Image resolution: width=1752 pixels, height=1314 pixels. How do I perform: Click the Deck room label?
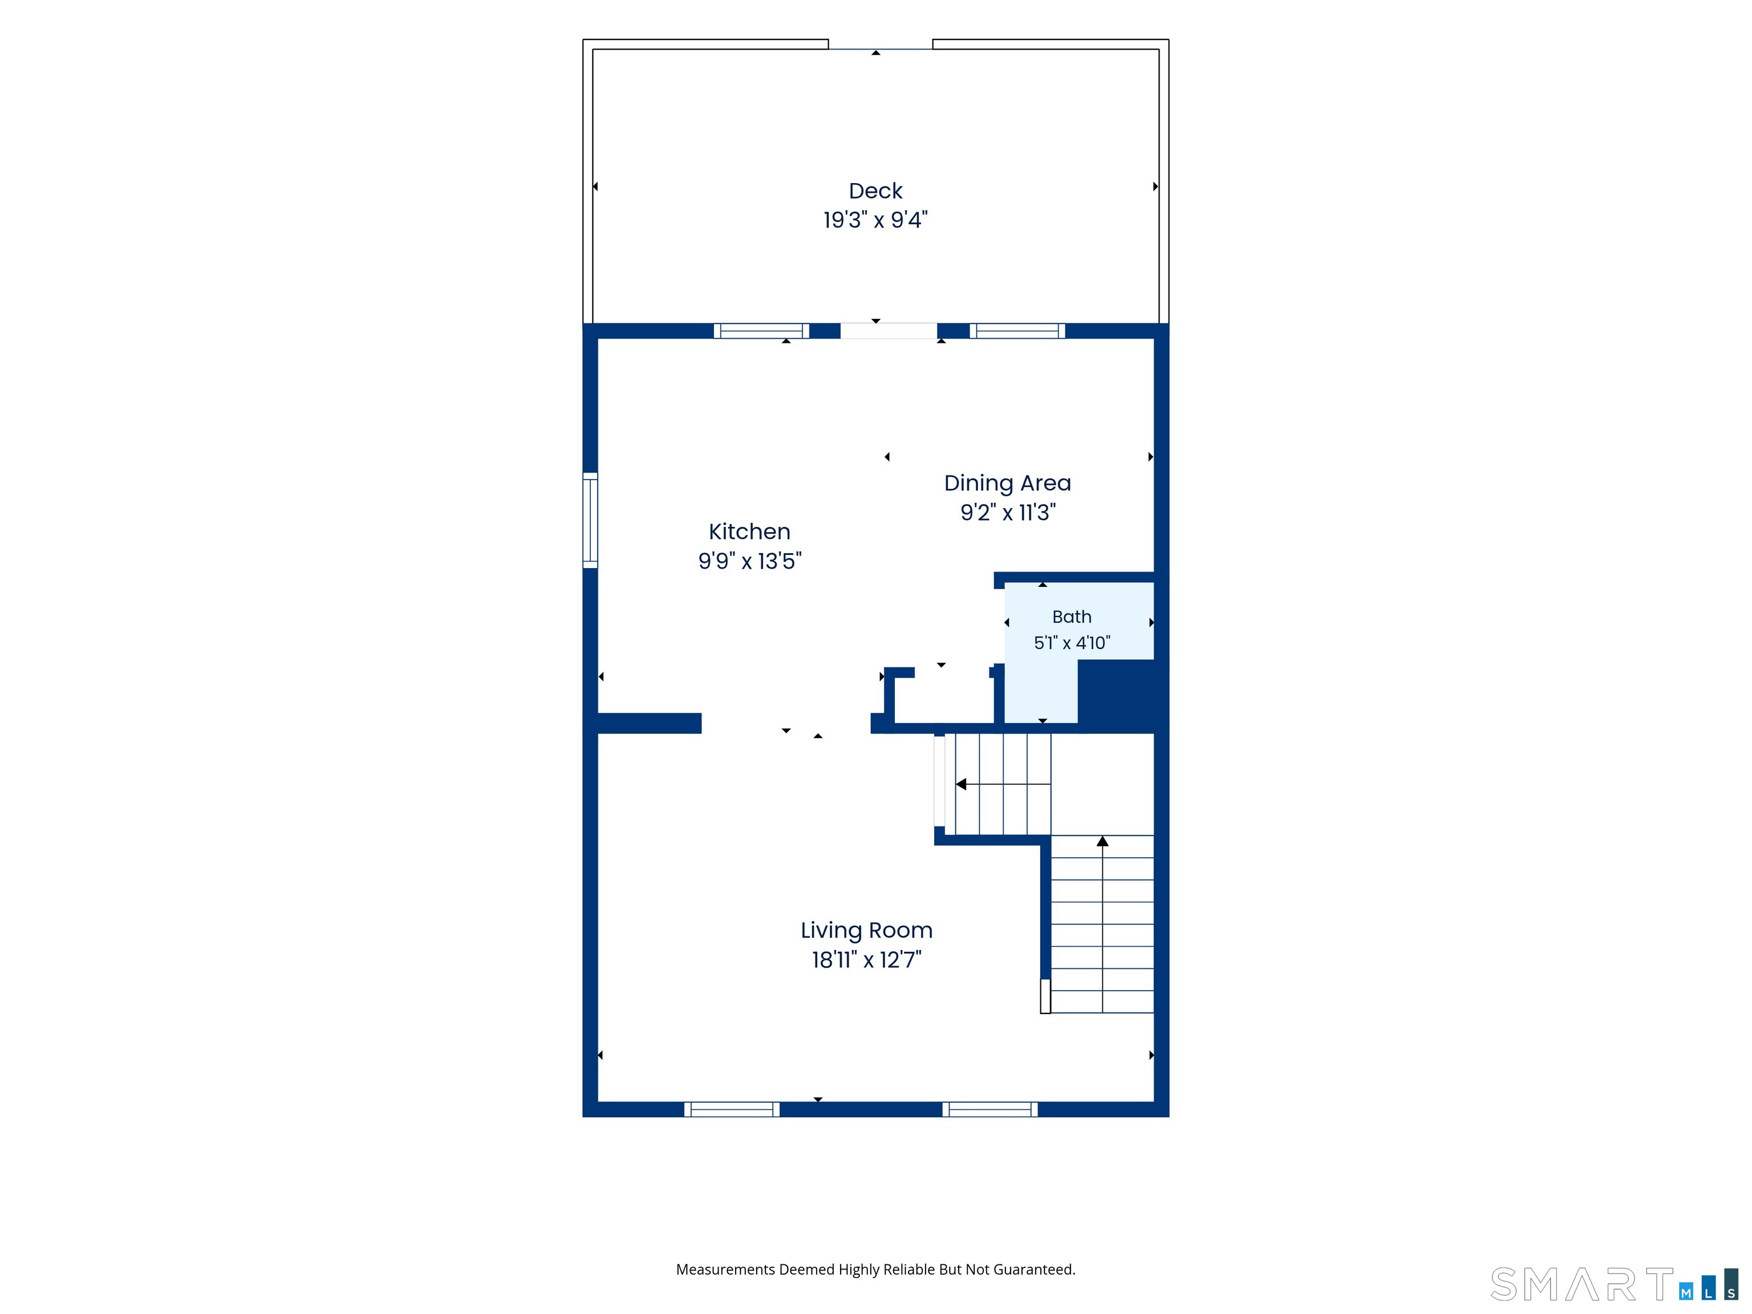pyautogui.click(x=875, y=191)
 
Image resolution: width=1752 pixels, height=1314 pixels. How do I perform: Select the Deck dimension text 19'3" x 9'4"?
pyautogui.click(x=875, y=220)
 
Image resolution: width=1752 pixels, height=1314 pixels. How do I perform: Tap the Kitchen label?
pyautogui.click(x=749, y=532)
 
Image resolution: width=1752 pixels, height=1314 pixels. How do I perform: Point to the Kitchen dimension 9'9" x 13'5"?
pyautogui.click(x=749, y=561)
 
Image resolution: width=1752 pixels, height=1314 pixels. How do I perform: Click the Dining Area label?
pyautogui.click(x=1008, y=483)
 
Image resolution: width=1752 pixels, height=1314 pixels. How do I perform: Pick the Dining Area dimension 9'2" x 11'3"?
pyautogui.click(x=1008, y=513)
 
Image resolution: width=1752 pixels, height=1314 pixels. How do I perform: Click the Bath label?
pyautogui.click(x=1072, y=617)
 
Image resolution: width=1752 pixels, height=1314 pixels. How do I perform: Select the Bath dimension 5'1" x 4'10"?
pyautogui.click(x=1072, y=642)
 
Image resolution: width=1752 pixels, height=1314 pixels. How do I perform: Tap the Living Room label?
pyautogui.click(x=866, y=931)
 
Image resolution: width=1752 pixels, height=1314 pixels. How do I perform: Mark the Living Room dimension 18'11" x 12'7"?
pyautogui.click(x=866, y=960)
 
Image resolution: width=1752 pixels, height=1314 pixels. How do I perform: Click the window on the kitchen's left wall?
pyautogui.click(x=590, y=520)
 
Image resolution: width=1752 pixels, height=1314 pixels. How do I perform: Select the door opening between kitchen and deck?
pyautogui.click(x=889, y=331)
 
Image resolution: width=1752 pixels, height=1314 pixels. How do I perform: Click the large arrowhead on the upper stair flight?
pyautogui.click(x=961, y=784)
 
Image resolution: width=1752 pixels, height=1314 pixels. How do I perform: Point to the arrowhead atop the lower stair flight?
pyautogui.click(x=1102, y=841)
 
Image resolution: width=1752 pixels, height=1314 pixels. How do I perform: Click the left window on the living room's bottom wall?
pyautogui.click(x=732, y=1109)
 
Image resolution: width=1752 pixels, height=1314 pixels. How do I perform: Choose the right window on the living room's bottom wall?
pyautogui.click(x=990, y=1109)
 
